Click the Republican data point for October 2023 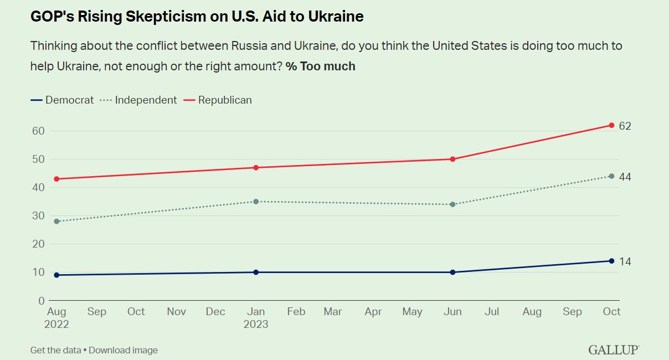point(611,125)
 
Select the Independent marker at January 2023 point(256,202)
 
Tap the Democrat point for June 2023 point(453,272)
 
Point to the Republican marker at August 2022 point(56,179)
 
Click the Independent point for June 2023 point(453,204)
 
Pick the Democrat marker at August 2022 point(56,275)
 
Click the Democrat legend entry point(63,100)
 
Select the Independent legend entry point(140,100)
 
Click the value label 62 point(625,126)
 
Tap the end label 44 point(625,177)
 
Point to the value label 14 point(625,261)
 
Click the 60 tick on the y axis point(38,131)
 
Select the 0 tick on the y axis point(41,301)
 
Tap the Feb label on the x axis point(296,312)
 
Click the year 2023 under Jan point(256,325)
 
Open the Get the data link point(55,350)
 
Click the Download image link point(123,350)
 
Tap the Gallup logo point(614,350)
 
